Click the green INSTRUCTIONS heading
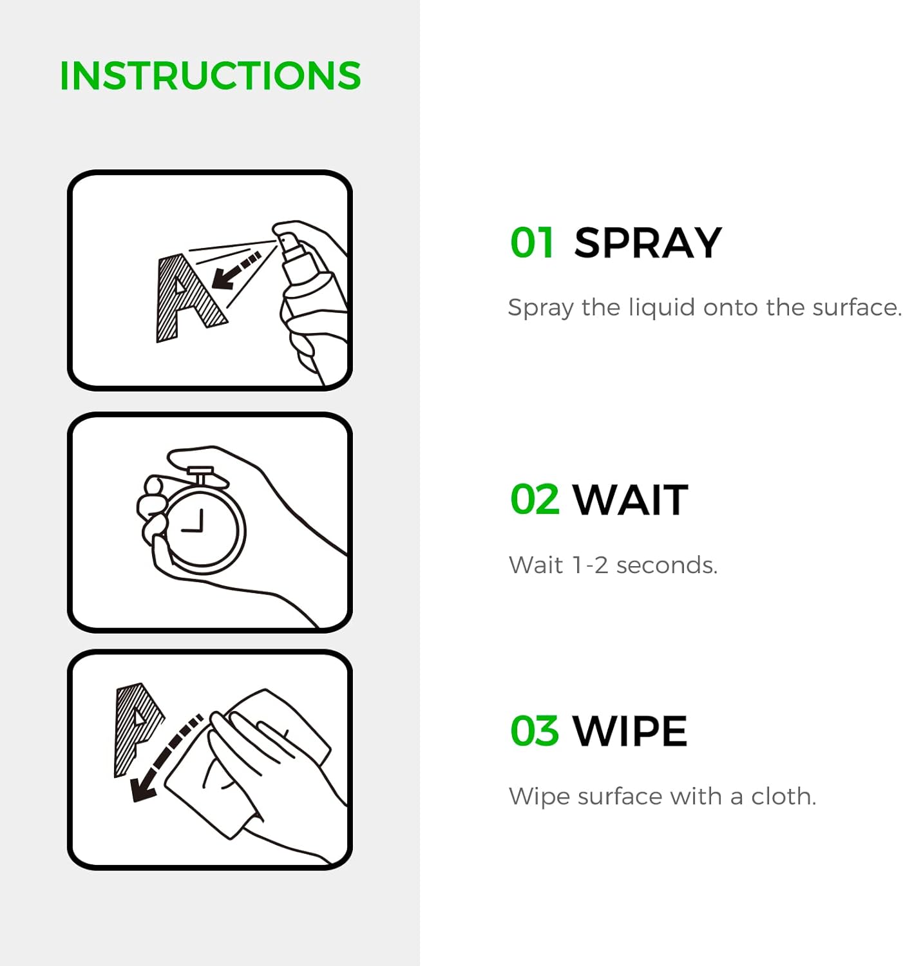click(210, 75)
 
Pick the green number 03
click(535, 730)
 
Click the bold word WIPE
click(630, 730)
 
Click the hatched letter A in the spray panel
click(190, 297)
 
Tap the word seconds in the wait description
click(667, 565)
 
